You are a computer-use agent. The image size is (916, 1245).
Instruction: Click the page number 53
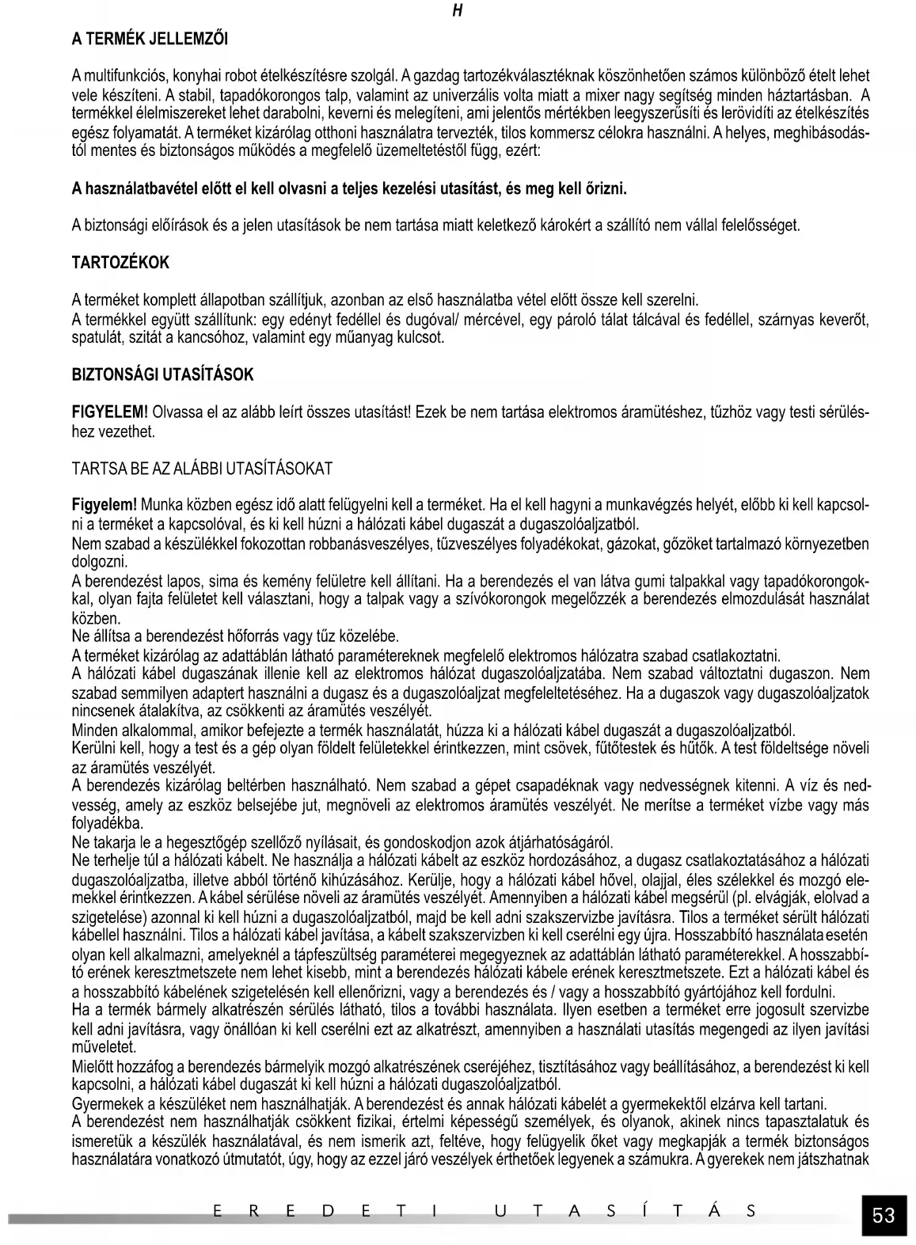coord(884,1215)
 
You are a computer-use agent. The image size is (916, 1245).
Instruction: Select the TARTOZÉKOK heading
coord(120,263)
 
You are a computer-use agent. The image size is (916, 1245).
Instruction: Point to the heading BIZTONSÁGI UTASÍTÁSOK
coord(163,375)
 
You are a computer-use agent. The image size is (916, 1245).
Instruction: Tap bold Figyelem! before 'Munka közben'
coord(105,504)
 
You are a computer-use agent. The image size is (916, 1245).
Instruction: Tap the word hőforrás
coord(238,636)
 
